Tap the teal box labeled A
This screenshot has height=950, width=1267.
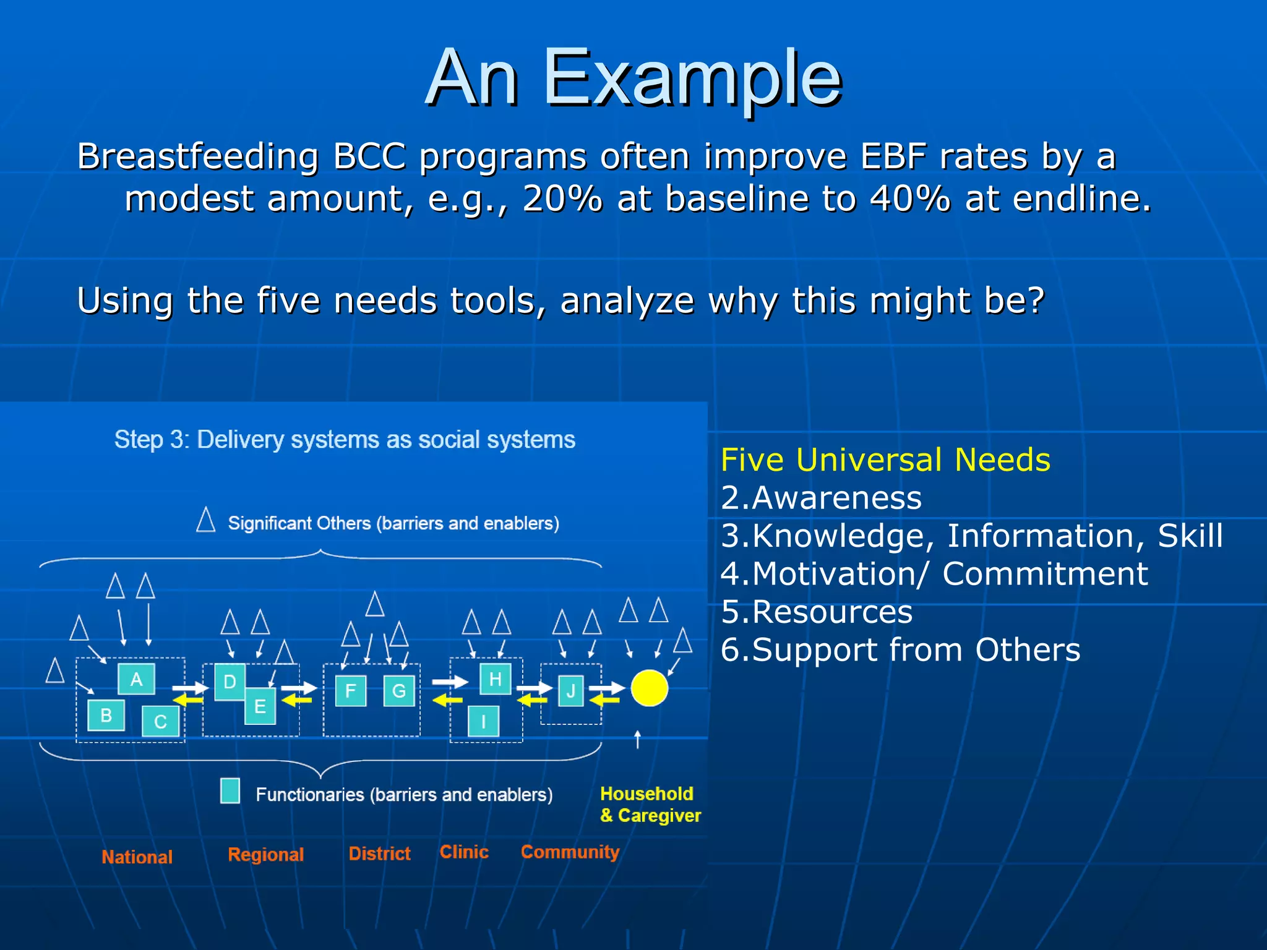[136, 679]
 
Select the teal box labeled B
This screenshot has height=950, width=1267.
[106, 716]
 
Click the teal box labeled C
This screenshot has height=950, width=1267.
[160, 721]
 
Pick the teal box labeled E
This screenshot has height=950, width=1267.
[260, 706]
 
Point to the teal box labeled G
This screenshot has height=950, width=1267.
[399, 691]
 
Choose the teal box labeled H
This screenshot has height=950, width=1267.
[495, 679]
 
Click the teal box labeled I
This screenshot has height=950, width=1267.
[483, 721]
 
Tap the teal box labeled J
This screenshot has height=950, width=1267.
[570, 691]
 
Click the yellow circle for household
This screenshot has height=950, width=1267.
[649, 688]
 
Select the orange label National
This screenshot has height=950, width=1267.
[137, 857]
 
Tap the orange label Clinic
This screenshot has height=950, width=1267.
[464, 852]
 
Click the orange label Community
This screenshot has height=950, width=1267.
[570, 852]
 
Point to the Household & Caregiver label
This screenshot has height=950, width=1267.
[650, 805]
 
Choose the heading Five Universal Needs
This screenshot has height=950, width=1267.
[885, 460]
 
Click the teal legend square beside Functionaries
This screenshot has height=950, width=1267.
[230, 791]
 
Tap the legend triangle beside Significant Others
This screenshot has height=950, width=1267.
[206, 520]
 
